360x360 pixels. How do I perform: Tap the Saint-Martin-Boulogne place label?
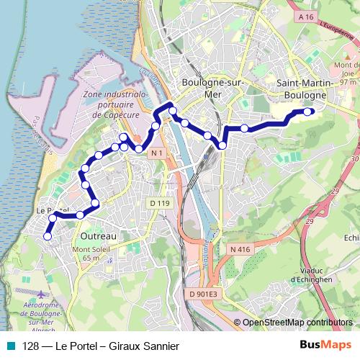click(305, 89)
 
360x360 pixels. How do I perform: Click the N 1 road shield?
click(158, 154)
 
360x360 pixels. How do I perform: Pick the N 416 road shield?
click(240, 249)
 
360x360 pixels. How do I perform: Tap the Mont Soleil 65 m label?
click(85, 254)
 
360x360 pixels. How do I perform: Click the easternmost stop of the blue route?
click(308, 111)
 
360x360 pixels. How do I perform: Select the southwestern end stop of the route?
click(48, 235)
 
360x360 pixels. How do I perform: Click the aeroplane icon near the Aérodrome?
click(40, 294)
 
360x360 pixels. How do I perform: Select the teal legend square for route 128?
click(9, 346)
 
